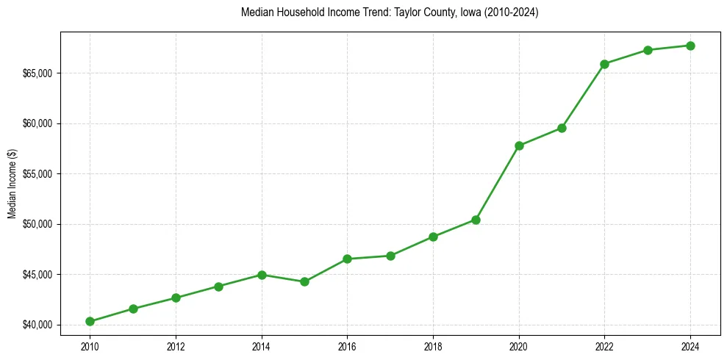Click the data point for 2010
point(90,321)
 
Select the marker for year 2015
point(304,281)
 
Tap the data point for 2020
point(519,145)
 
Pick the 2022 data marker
point(605,64)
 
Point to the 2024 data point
point(691,46)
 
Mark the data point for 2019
point(476,220)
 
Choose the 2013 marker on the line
point(218,287)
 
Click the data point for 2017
point(390,256)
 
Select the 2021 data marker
point(562,128)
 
